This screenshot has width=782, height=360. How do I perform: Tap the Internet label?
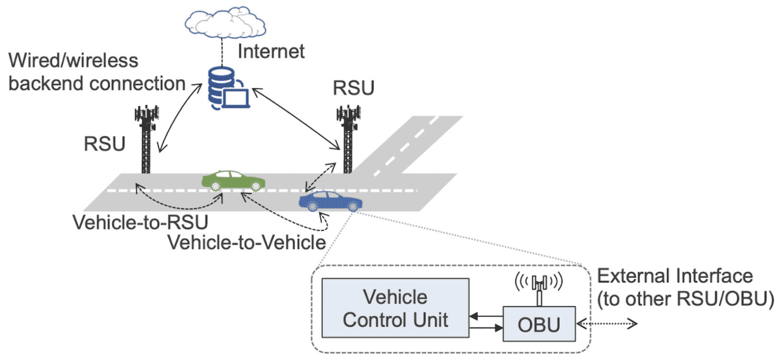click(271, 51)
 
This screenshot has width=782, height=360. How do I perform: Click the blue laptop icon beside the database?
click(236, 98)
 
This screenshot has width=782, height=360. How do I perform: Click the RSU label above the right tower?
click(353, 88)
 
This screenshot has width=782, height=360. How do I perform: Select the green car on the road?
click(233, 181)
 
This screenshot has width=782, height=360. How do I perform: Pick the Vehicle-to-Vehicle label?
click(246, 242)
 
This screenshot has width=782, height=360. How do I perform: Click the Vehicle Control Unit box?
click(396, 308)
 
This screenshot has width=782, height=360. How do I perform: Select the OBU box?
click(539, 324)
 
